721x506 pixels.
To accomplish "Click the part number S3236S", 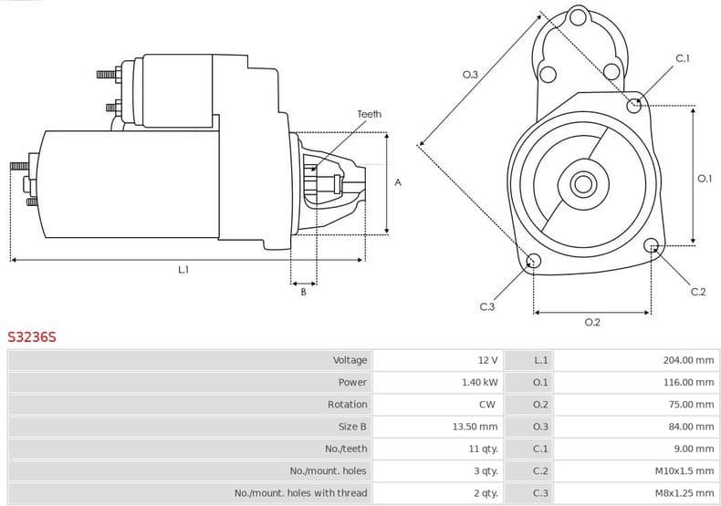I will (x=32, y=336).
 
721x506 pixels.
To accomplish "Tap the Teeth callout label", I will (x=369, y=114).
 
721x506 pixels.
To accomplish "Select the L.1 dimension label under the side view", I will (x=183, y=270).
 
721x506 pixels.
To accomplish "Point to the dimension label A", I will (x=398, y=182).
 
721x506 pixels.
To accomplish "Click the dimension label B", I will (x=303, y=292).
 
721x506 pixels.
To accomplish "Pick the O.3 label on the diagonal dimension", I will (x=470, y=75).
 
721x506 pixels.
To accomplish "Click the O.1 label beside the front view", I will (x=704, y=179).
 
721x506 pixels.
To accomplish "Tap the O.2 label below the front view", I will (x=591, y=322).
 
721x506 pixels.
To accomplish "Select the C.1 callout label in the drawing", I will (x=682, y=59).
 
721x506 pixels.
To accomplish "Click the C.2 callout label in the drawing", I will (x=697, y=292).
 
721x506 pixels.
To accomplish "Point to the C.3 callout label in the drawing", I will (x=486, y=306).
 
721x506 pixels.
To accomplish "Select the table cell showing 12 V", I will (x=487, y=360).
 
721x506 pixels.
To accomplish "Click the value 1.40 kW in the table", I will (x=480, y=382).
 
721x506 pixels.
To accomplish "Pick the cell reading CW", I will (x=487, y=404).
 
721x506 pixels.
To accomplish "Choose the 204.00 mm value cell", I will (x=688, y=360).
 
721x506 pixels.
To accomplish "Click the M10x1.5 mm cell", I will (x=684, y=470).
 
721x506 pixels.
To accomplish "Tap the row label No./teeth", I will (x=346, y=449).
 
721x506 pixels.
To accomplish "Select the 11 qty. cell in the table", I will (x=484, y=449).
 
